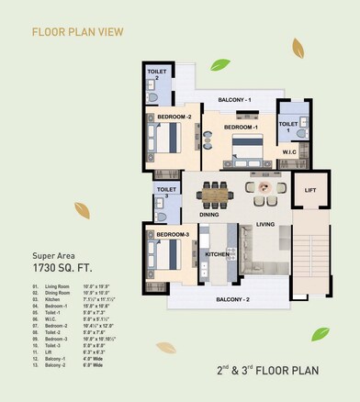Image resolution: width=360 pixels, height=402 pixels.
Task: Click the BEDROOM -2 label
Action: [x=174, y=117]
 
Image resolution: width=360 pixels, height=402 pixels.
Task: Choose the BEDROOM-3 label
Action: [x=172, y=237]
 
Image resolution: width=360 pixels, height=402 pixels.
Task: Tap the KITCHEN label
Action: [x=217, y=254]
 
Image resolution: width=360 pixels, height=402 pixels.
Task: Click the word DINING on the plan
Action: [x=209, y=215]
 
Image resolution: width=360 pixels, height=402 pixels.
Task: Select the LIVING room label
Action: [x=265, y=223]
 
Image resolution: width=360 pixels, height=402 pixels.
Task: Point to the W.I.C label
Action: [x=288, y=152]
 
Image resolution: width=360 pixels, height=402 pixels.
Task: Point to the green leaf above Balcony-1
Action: [x=219, y=65]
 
